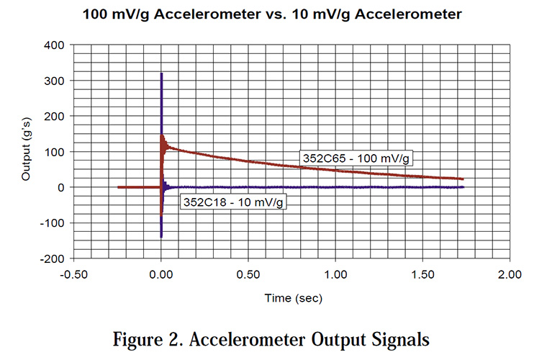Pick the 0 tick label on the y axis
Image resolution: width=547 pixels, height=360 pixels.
point(62,187)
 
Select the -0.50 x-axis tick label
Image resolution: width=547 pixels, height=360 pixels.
point(74,274)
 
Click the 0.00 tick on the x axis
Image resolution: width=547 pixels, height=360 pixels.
point(161,274)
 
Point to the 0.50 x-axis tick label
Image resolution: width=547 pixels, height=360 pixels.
point(248,274)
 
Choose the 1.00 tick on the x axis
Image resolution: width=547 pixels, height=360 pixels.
point(335,274)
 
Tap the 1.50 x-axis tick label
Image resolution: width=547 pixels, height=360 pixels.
point(422,274)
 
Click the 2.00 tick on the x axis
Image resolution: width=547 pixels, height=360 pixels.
point(510,274)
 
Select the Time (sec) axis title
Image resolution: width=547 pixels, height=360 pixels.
point(291,297)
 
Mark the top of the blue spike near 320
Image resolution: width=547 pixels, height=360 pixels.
point(161,73)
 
